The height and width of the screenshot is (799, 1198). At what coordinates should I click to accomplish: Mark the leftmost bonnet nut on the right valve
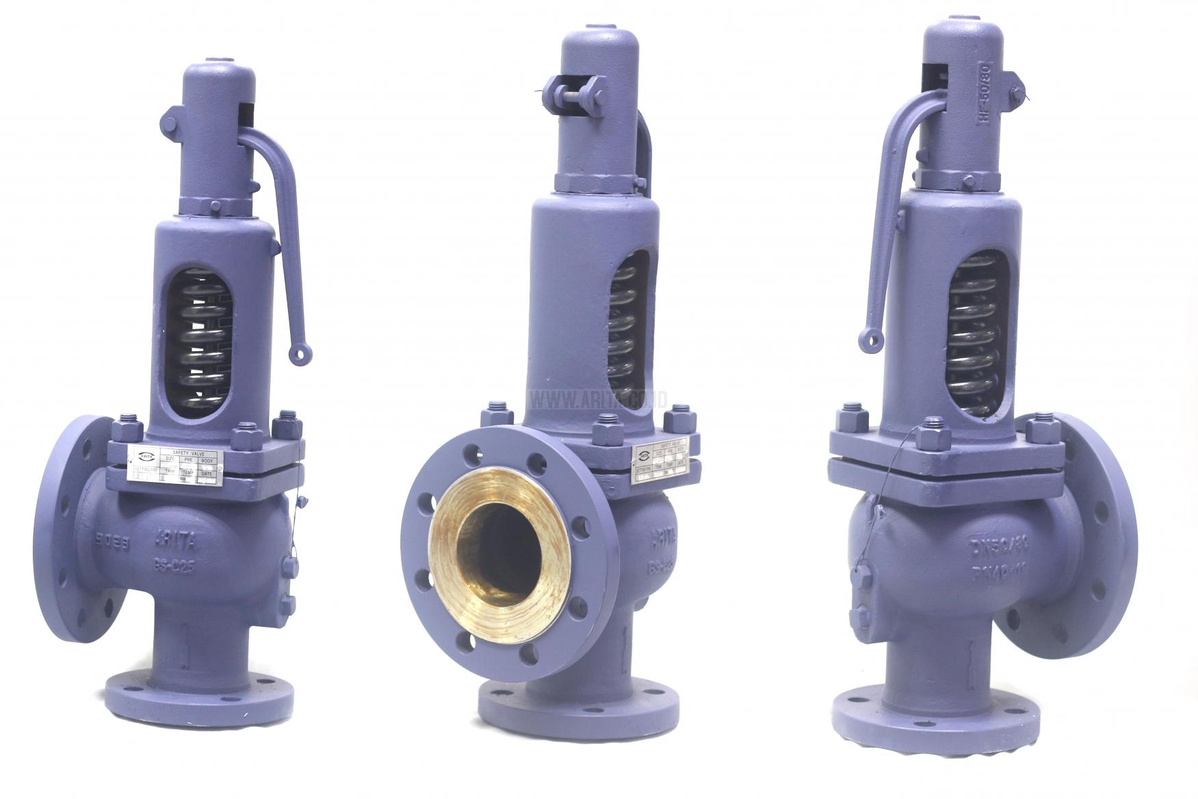[x=851, y=417]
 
